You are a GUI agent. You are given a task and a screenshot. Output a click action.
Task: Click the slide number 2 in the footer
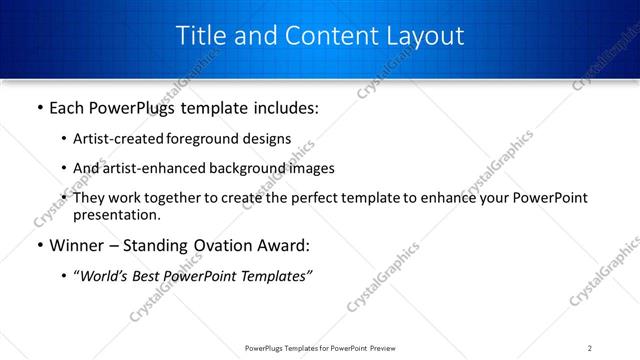tap(590, 347)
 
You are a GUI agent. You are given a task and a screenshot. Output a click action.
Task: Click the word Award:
tap(286, 245)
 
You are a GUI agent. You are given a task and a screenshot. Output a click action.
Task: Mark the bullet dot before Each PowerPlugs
tap(39, 105)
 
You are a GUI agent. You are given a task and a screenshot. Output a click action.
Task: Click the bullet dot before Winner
tap(39, 245)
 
